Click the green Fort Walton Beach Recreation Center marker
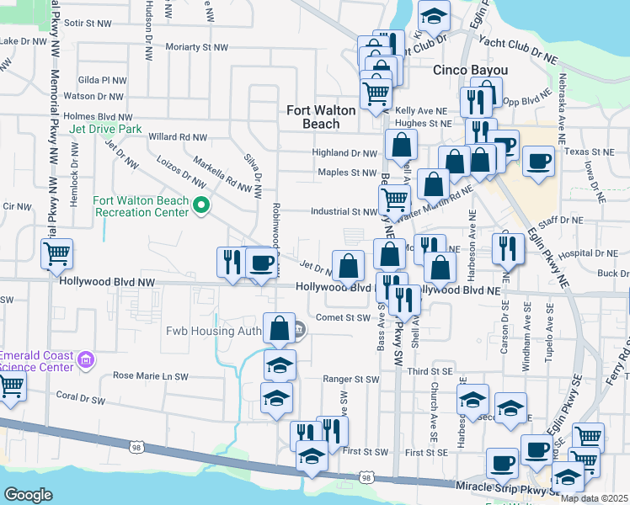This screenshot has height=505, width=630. pos(200,205)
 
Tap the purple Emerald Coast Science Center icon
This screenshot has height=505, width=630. pos(83,361)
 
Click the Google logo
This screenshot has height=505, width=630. pos(28,495)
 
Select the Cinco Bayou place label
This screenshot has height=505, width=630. pos(469,70)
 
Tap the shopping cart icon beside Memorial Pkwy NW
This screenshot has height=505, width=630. pos(56,252)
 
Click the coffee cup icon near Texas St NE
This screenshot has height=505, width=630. pos(538,160)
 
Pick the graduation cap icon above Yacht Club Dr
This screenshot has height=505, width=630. pos(433,15)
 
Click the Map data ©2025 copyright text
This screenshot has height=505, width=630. pos(594,498)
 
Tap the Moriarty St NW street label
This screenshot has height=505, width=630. pos(197,47)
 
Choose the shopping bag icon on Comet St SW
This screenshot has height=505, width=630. pos(279,327)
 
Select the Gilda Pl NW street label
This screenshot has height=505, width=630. pos(102,81)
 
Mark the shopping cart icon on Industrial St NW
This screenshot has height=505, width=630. pos(394,199)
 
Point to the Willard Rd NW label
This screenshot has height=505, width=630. pos(177,136)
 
